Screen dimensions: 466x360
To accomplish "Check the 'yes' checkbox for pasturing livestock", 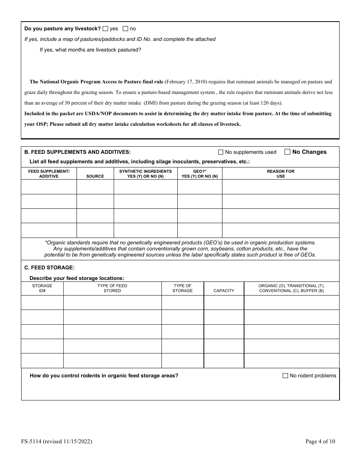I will point(105,28).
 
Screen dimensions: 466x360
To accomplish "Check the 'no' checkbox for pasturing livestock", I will point(125,28).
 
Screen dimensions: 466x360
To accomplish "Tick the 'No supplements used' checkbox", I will point(221,152).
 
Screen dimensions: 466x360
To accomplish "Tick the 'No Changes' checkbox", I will point(287,152).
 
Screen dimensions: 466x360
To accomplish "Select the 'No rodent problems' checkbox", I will point(285,376).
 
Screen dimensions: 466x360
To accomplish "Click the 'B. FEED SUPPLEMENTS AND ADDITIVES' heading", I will point(77,152).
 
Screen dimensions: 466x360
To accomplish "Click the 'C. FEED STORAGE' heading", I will point(49,267).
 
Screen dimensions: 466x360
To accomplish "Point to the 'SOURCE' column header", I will point(95,176).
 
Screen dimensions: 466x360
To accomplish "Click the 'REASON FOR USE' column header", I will point(280,174).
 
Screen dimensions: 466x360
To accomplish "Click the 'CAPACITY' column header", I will point(224,291).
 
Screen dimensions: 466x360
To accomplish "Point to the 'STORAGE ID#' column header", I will point(42,288).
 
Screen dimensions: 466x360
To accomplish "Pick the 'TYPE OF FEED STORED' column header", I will point(112,288).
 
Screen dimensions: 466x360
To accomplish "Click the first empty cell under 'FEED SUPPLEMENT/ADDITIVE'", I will point(49,187).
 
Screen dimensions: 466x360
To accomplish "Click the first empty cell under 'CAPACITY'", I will point(224,303).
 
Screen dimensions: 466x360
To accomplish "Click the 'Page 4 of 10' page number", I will point(320,441).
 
